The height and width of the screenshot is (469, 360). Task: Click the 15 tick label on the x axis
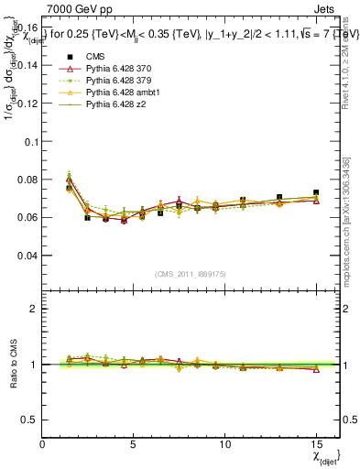pyautogui.click(x=316, y=444)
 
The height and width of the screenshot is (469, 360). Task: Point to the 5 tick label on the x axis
pyautogui.click(x=134, y=444)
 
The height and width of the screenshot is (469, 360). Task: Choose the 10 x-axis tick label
pyautogui.click(x=224, y=444)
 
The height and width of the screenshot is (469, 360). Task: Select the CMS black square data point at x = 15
pyautogui.click(x=316, y=193)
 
